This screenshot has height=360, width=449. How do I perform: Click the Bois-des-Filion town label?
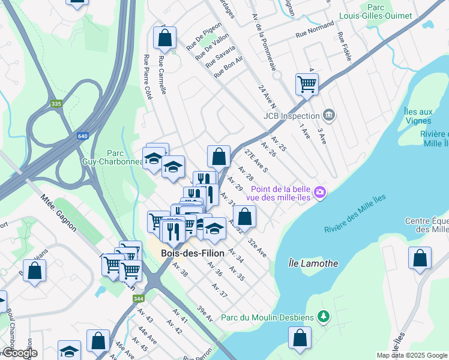193,253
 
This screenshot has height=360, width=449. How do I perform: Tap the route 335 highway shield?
56,104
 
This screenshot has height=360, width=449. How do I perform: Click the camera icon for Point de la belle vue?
321,192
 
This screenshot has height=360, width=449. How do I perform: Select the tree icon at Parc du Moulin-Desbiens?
324,316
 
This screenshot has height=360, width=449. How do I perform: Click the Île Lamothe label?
313,263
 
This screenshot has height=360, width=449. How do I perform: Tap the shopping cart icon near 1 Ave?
307,84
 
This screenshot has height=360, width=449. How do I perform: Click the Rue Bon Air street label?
228,67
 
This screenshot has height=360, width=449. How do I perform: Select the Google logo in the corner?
19,353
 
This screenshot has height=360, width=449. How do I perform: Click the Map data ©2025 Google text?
411,355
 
